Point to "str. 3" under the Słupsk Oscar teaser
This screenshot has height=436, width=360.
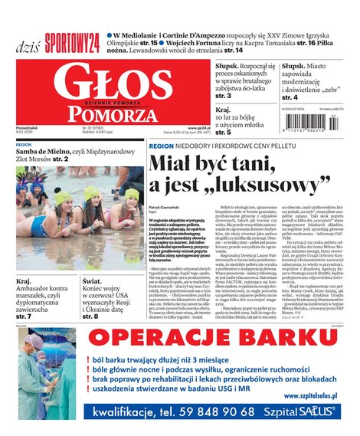224,97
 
